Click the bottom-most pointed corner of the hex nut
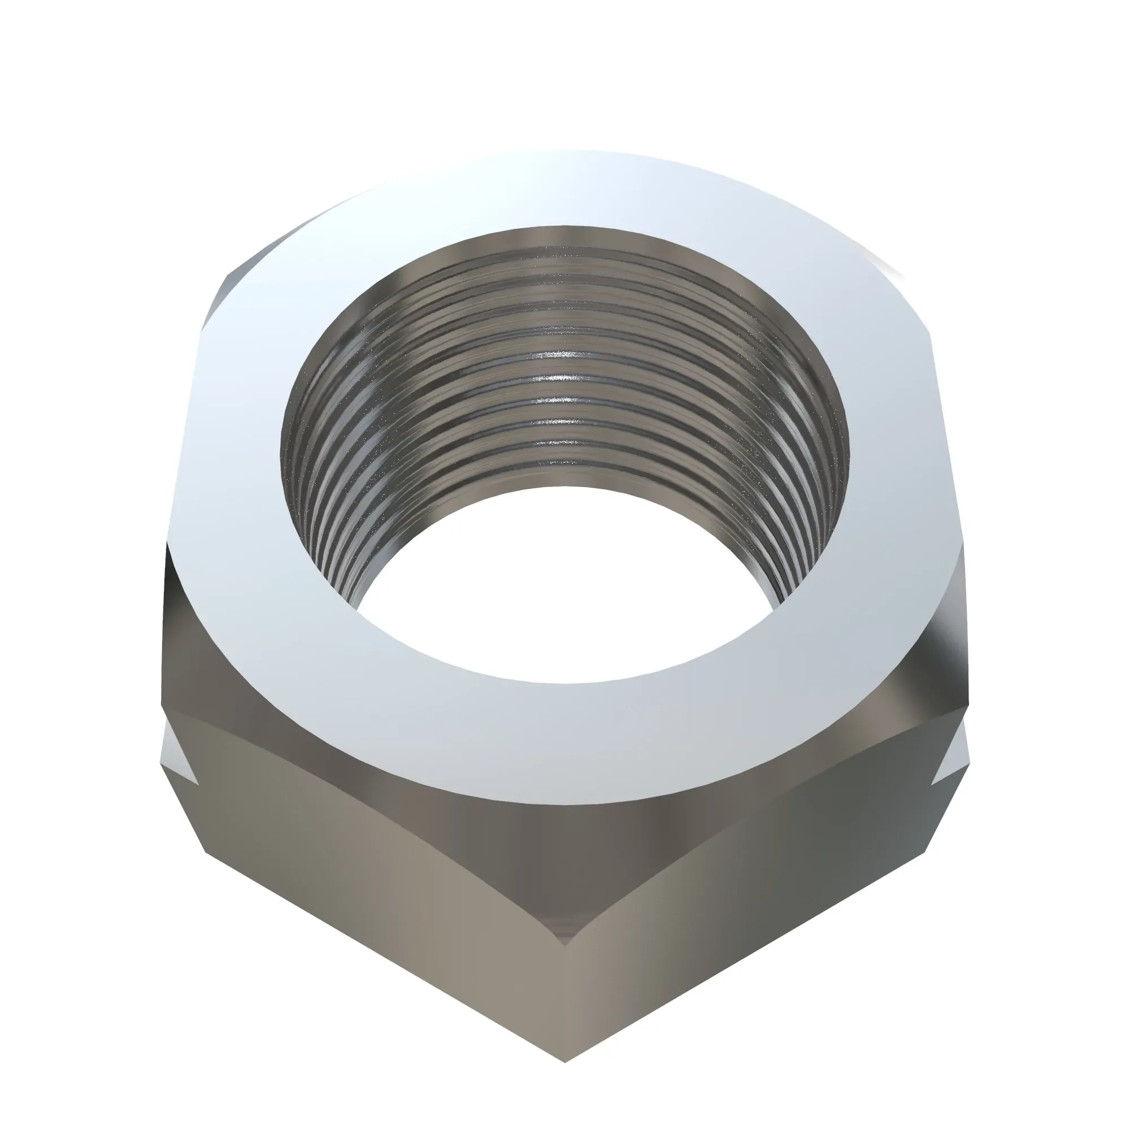(x=565, y=1062)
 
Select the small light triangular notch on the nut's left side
(x=179, y=754)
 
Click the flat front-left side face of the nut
(x=375, y=895)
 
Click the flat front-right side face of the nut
(x=754, y=895)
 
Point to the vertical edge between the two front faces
(x=565, y=994)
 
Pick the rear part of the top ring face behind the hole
(x=564, y=187)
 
